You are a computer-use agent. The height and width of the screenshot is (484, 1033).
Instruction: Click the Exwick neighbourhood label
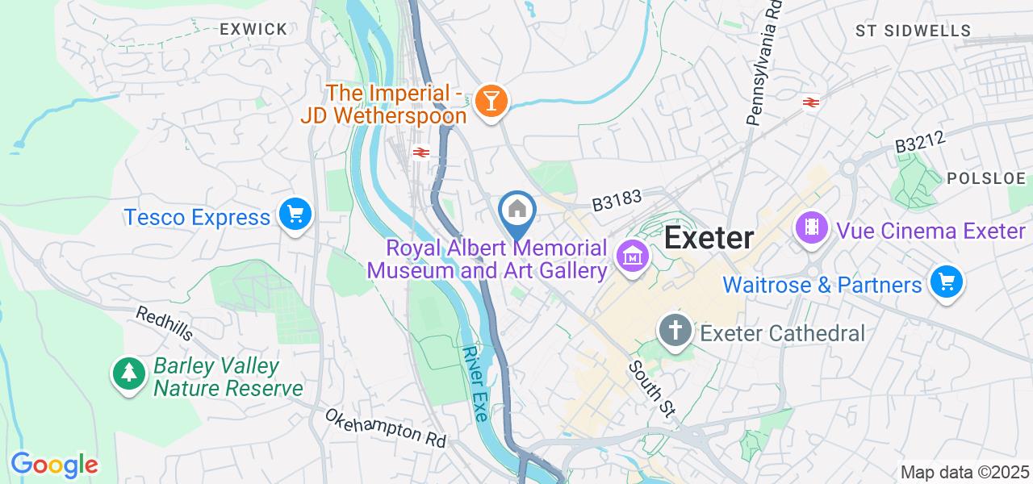(253, 30)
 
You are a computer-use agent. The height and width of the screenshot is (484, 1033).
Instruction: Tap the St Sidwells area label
(913, 31)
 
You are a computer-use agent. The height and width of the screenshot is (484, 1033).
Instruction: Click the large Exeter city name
(709, 238)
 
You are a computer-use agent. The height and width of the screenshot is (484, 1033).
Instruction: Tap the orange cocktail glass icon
(489, 102)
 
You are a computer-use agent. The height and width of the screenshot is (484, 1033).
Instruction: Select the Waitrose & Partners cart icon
(947, 283)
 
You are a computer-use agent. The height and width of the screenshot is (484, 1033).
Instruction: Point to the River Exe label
(475, 384)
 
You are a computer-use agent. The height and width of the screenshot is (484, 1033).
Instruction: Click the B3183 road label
(616, 201)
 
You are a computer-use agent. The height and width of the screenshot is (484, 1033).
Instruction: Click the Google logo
(54, 465)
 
